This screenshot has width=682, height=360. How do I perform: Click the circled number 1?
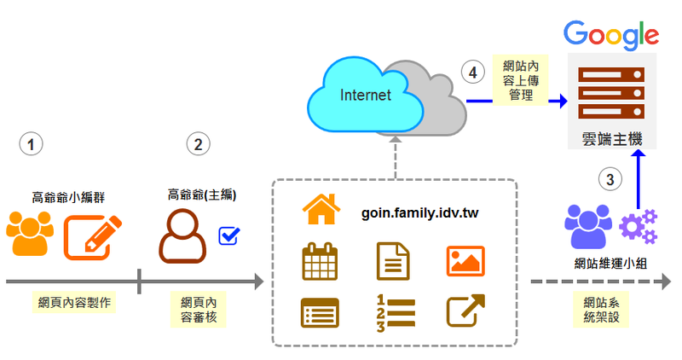(x=32, y=144)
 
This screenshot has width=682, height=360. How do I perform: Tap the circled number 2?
(x=198, y=144)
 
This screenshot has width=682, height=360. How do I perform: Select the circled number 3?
(x=609, y=179)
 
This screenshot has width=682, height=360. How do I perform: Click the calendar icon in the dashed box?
(x=320, y=261)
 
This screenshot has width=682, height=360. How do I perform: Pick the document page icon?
(x=393, y=261)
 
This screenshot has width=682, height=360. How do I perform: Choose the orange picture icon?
(x=465, y=260)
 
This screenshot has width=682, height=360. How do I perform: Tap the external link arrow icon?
(x=466, y=311)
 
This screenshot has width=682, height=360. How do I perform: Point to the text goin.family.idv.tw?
(x=420, y=212)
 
